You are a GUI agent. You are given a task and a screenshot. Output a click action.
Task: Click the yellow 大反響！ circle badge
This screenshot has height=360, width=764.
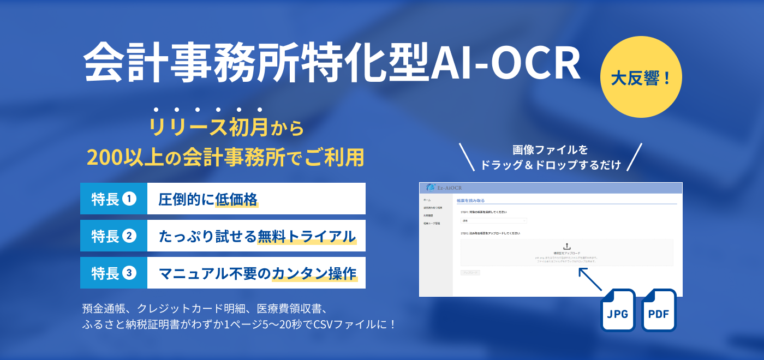click(641, 78)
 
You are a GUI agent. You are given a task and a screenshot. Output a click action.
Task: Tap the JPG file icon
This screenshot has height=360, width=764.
click(618, 310)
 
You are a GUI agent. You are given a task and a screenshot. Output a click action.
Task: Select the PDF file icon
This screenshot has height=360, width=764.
click(659, 310)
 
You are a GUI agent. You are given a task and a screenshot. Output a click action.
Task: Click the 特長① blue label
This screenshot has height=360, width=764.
click(114, 199)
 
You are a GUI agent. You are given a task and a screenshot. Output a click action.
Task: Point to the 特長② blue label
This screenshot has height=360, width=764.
click(114, 236)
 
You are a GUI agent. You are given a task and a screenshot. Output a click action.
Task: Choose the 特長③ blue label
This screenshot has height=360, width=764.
click(114, 273)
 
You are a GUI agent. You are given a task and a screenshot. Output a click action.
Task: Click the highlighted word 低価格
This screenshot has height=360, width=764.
click(236, 199)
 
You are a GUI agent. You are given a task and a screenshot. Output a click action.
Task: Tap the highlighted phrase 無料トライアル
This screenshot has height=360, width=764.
click(307, 236)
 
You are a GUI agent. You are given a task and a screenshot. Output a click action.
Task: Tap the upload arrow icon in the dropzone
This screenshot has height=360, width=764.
click(566, 247)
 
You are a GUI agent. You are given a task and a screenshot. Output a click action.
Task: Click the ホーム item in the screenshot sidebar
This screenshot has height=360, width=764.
click(427, 200)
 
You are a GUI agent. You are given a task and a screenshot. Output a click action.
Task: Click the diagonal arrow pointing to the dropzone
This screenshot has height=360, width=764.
click(590, 279)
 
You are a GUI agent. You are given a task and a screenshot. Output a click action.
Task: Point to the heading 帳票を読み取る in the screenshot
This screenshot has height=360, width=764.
click(470, 201)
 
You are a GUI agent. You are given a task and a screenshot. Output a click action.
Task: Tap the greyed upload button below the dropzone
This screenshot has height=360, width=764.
click(470, 272)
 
